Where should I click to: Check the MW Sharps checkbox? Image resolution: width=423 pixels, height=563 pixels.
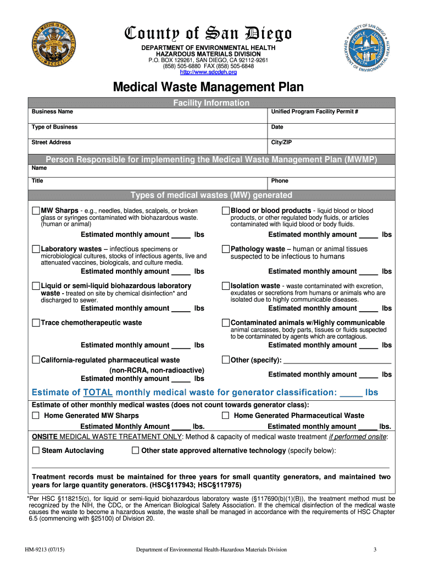(x=36, y=211)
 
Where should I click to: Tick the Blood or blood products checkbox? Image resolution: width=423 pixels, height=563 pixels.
(x=225, y=211)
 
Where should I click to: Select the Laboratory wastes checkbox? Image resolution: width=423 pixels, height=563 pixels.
(x=36, y=249)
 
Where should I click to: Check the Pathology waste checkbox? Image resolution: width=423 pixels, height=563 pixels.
(x=225, y=249)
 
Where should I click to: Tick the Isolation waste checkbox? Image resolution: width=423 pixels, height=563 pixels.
(x=225, y=286)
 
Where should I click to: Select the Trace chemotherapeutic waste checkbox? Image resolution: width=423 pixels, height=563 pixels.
(x=36, y=323)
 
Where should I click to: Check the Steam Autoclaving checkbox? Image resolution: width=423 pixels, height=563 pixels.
(x=36, y=450)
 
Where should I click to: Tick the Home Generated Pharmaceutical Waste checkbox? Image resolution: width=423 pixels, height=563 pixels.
(x=226, y=416)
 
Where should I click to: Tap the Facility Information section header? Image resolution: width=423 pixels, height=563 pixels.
(x=211, y=103)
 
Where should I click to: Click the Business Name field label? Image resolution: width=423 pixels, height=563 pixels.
(x=52, y=112)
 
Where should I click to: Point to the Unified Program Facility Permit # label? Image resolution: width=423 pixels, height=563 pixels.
(x=315, y=112)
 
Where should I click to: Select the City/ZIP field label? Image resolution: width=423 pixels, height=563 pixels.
(x=281, y=142)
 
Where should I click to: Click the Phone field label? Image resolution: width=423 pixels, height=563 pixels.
(x=279, y=181)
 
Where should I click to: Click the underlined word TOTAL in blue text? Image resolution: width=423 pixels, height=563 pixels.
(x=98, y=393)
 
